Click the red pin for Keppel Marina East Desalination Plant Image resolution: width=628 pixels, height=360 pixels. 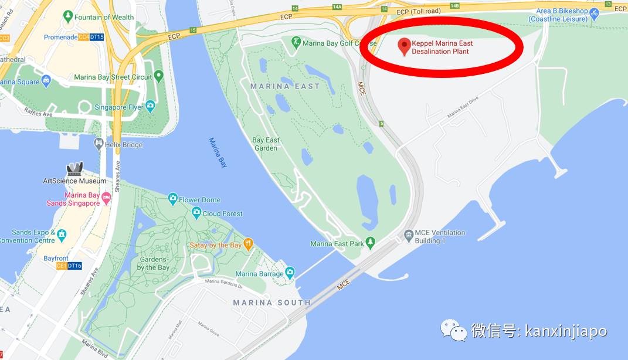tap(403, 46)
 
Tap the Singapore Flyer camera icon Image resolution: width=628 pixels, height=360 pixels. tap(150, 107)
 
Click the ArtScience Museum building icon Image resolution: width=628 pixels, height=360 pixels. tap(74, 169)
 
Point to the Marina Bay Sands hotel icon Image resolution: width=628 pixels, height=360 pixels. tap(106, 198)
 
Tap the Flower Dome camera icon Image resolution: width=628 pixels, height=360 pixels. tap(172, 199)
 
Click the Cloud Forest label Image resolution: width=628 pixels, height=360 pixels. tap(222, 213)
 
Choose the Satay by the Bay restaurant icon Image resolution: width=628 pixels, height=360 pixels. tap(249, 244)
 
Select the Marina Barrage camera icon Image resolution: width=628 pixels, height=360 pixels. tap(290, 273)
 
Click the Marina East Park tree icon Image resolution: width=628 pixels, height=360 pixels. tap(370, 243)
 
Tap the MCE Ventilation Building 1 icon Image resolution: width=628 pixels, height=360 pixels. tap(409, 236)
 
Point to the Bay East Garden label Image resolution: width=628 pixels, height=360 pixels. tap(266, 144)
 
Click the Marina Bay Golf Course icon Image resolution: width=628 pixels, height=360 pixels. tap(296, 42)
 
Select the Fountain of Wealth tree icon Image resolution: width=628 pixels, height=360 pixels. tap(68, 16)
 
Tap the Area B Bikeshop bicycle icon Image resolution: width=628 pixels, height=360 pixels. tap(594, 12)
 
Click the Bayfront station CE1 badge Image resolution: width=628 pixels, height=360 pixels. tap(62, 266)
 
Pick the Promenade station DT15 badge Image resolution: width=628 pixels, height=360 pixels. tap(97, 37)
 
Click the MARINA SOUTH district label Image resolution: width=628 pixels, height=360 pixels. tap(271, 303)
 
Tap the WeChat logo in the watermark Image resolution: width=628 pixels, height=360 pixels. tap(454, 330)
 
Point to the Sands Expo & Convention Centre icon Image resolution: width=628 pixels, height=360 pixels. tap(61, 236)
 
